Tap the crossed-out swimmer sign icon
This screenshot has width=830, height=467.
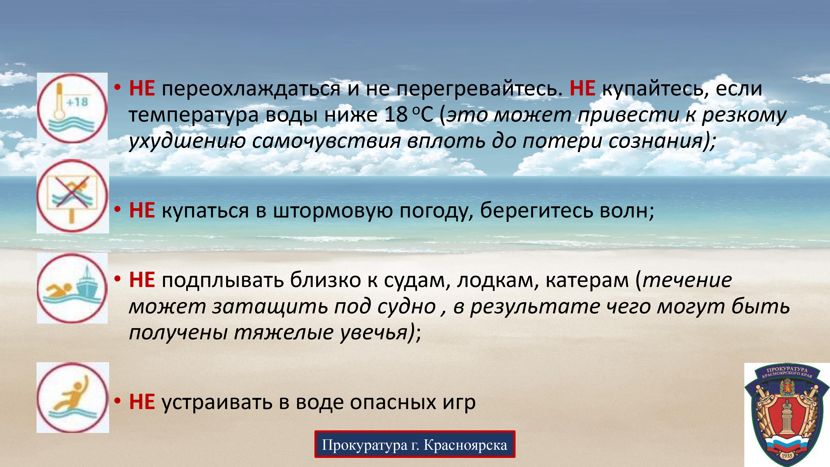click(72, 196)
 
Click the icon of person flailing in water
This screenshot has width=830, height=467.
click(72, 397)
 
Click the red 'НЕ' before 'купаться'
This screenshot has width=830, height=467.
click(142, 211)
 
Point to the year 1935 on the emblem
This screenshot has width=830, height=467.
click(786, 456)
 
